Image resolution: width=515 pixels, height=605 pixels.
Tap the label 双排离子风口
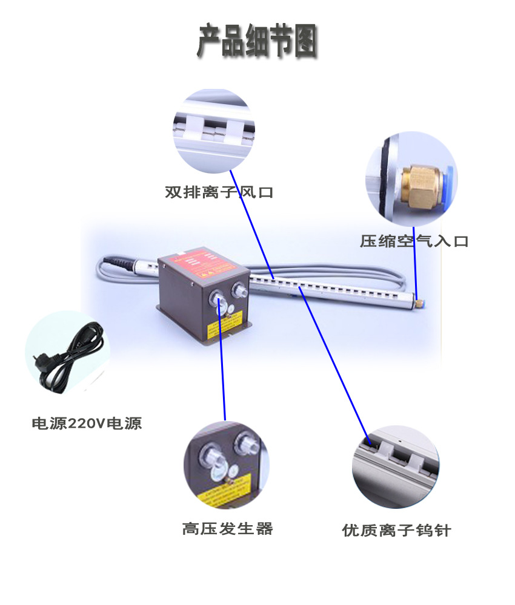(219, 193)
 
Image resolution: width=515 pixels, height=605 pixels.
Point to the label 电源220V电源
(87, 423)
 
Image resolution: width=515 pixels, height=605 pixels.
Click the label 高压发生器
(228, 529)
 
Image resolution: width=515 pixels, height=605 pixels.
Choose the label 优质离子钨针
(397, 531)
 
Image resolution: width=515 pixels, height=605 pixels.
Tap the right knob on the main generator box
(241, 292)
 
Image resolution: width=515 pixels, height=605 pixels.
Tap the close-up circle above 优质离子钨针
(396, 466)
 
